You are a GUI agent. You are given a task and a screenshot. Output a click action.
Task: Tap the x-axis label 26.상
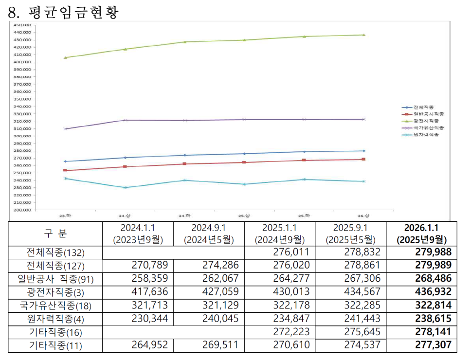coord(364,216)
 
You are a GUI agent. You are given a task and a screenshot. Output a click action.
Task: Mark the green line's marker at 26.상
coord(364,35)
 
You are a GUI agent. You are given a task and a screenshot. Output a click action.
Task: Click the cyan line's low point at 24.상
coord(126,187)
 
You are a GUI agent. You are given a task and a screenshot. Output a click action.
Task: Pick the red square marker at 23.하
coord(65,170)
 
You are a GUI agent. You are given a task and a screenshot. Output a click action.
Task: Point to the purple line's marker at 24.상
coord(126,120)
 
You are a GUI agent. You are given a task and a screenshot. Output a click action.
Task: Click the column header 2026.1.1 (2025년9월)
coord(421,234)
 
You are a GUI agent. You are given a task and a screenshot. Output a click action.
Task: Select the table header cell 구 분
coord(55,234)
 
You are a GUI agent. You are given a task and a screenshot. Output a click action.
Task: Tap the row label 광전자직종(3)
coord(55,292)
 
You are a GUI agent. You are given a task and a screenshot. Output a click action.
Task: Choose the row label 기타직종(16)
coord(55,332)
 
